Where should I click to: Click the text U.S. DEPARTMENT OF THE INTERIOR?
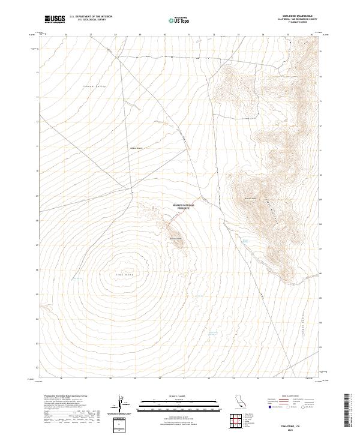(x=91, y=17)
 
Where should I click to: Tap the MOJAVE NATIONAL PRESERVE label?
(x=185, y=206)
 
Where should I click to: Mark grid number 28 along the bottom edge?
(x=110, y=378)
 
